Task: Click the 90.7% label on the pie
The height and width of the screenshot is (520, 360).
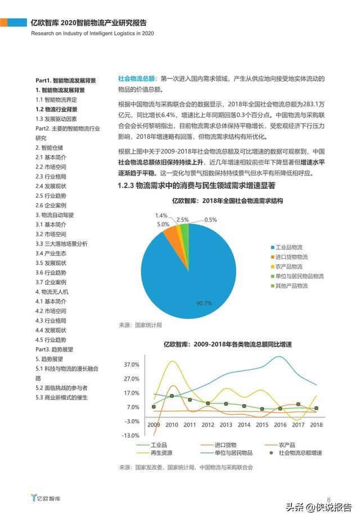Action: pos(204,303)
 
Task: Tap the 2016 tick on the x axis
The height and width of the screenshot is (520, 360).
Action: pos(280,425)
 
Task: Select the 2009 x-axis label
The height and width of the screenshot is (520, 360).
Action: pos(154,425)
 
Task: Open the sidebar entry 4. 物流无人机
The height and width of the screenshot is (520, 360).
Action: pos(52,292)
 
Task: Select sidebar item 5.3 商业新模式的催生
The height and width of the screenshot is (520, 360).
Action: pos(62,397)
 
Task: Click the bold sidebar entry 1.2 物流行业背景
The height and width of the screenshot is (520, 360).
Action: pos(56,109)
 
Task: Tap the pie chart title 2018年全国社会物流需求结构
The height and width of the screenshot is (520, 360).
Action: pos(219,200)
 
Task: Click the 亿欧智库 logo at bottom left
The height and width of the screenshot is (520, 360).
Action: pos(46,498)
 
